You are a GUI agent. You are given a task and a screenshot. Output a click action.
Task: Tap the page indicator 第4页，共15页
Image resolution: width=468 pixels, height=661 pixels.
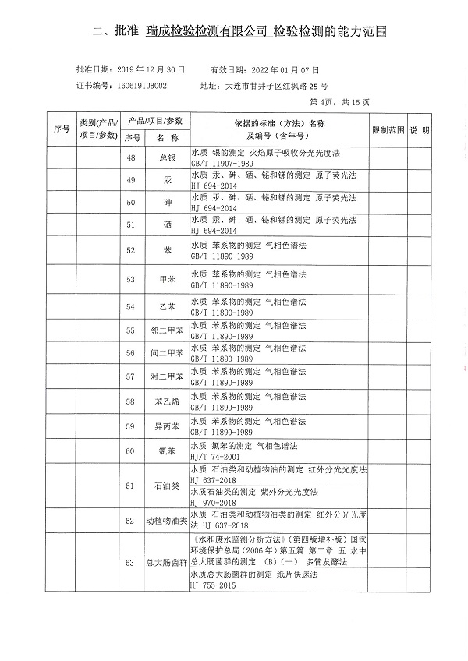pyautogui.click(x=340, y=102)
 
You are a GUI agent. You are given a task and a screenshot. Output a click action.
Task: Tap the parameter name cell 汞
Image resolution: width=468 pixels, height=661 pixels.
pyautogui.click(x=166, y=180)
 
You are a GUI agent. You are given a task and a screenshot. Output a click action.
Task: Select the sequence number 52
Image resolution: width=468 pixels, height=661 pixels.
pyautogui.click(x=130, y=251)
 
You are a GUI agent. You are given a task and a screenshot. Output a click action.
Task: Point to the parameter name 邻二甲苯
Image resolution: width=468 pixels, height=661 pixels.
pyautogui.click(x=166, y=330)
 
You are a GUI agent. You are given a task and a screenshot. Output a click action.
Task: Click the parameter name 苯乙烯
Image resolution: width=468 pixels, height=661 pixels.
pyautogui.click(x=166, y=401)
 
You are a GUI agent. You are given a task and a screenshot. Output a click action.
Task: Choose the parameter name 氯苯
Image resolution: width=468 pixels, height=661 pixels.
pyautogui.click(x=166, y=451)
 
